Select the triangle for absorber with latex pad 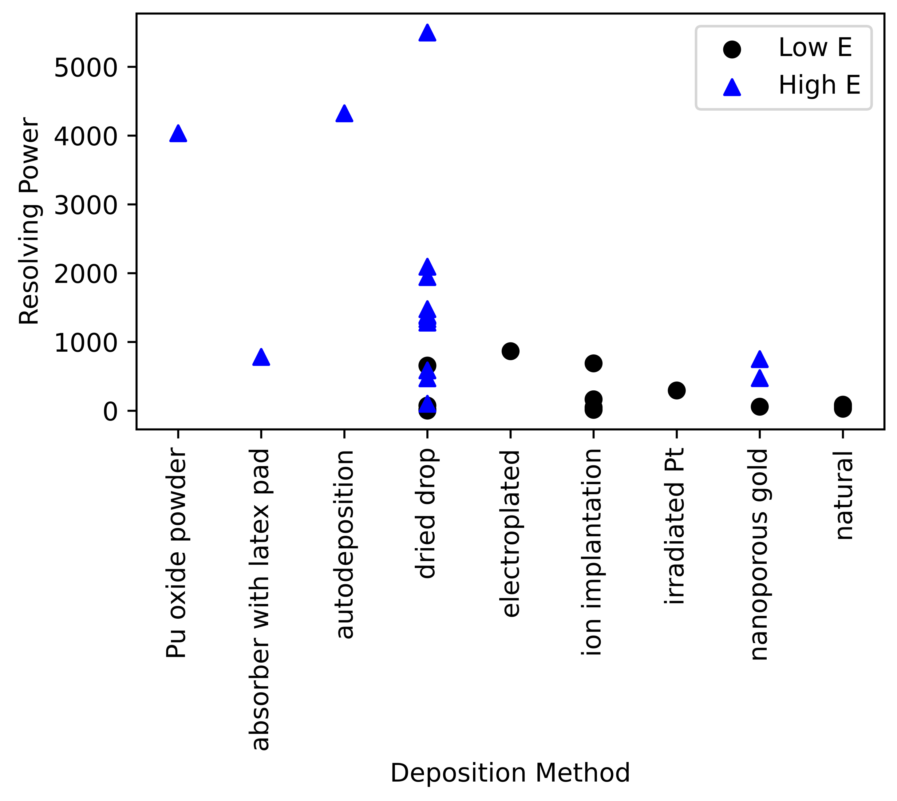pyautogui.click(x=261, y=358)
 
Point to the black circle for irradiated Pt pyautogui.click(x=677, y=390)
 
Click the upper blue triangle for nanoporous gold pyautogui.click(x=760, y=360)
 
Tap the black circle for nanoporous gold pyautogui.click(x=760, y=407)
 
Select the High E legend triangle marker pyautogui.click(x=732, y=87)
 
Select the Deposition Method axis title pyautogui.click(x=510, y=773)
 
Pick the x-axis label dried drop pyautogui.click(x=426, y=514)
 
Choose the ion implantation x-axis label pyautogui.click(x=592, y=552)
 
